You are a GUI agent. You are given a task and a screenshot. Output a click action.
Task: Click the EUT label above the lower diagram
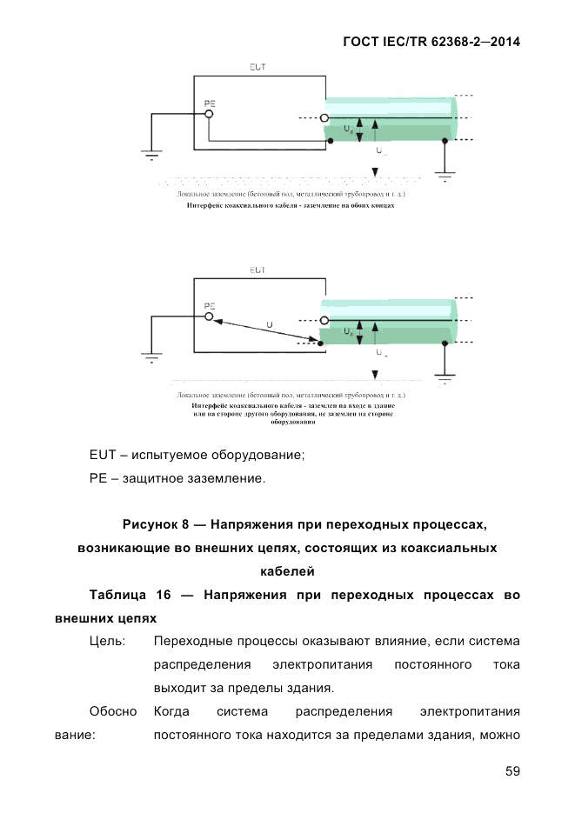257,270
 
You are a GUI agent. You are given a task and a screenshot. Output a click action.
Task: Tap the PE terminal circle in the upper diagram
209,114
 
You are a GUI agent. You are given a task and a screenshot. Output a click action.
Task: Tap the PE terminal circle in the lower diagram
209,318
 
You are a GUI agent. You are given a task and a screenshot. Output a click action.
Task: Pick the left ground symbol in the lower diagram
152,357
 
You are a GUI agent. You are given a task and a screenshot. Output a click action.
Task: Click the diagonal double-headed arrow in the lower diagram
265,330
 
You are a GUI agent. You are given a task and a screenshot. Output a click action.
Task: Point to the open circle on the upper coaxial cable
324,118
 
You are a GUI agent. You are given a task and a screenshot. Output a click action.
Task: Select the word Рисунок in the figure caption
151,524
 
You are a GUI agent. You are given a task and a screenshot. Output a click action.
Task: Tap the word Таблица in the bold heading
118,596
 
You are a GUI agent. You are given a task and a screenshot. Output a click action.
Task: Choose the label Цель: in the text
108,642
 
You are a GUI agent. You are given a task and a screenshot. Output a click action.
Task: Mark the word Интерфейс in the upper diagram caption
206,207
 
